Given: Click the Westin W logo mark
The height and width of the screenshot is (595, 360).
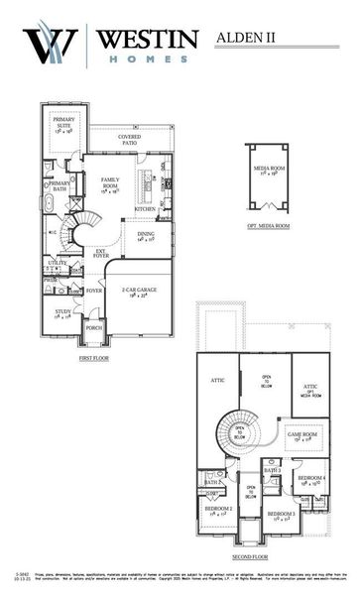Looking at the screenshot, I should (x=49, y=44).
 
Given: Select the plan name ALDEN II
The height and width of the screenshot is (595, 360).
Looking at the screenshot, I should (x=245, y=38).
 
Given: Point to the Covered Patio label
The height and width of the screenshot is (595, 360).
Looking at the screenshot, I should (x=129, y=140).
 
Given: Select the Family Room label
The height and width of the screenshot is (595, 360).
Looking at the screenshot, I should (x=110, y=183).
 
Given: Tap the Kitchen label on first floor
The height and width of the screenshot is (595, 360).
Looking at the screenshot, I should (x=145, y=209).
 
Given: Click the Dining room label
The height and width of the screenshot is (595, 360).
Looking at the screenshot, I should (x=147, y=236).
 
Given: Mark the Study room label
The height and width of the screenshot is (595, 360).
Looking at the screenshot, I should (x=63, y=315).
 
